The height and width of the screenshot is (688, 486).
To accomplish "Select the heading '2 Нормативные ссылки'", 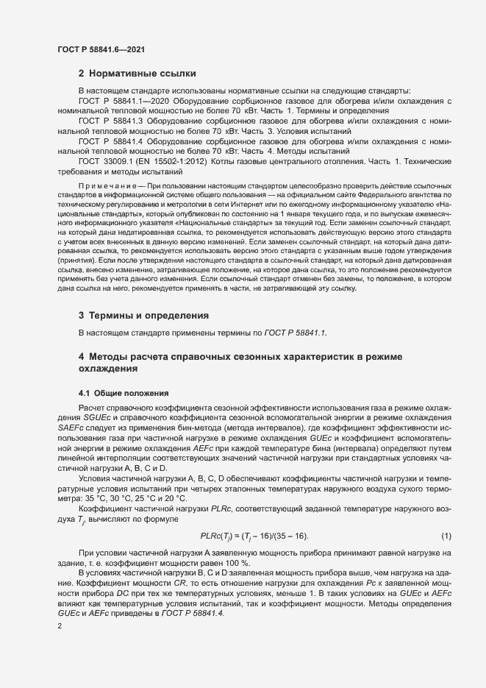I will [137, 74].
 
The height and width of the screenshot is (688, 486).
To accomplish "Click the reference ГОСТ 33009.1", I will [105, 161].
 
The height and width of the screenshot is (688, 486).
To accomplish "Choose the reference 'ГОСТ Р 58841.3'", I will [115, 120].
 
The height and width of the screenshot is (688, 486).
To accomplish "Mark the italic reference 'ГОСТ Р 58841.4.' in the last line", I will [181, 593].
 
